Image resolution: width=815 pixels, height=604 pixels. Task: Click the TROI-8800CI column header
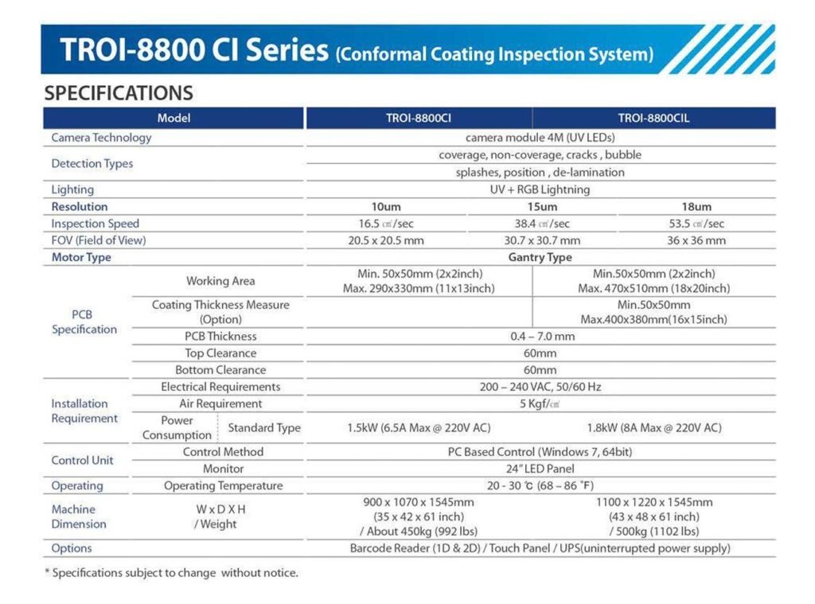click(x=419, y=119)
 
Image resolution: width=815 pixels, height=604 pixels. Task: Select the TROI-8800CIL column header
click(x=653, y=119)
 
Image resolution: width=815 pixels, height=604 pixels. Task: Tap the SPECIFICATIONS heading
click(x=119, y=93)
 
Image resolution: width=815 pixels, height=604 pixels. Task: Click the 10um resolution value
click(x=387, y=207)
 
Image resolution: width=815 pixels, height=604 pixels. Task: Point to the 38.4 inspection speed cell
click(x=542, y=224)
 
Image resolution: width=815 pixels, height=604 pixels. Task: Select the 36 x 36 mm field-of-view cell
click(x=696, y=240)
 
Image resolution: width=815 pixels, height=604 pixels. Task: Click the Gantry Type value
click(x=540, y=257)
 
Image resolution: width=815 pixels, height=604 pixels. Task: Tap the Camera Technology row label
click(x=101, y=138)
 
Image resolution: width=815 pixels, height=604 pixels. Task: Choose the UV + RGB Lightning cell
click(x=540, y=189)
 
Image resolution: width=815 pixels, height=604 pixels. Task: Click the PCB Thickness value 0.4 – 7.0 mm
click(x=542, y=337)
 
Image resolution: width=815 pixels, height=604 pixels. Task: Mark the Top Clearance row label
click(x=220, y=353)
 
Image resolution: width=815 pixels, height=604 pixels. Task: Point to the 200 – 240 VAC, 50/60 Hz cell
click(x=540, y=387)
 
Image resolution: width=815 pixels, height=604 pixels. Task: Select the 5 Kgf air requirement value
click(x=540, y=403)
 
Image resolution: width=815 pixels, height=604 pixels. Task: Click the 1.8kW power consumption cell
click(x=654, y=427)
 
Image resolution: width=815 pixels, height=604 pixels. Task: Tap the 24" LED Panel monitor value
click(x=540, y=469)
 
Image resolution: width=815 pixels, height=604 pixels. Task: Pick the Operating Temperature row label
click(x=223, y=485)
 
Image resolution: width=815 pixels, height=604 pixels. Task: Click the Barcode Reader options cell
click(x=540, y=548)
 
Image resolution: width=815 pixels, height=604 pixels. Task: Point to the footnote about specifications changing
click(x=171, y=573)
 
